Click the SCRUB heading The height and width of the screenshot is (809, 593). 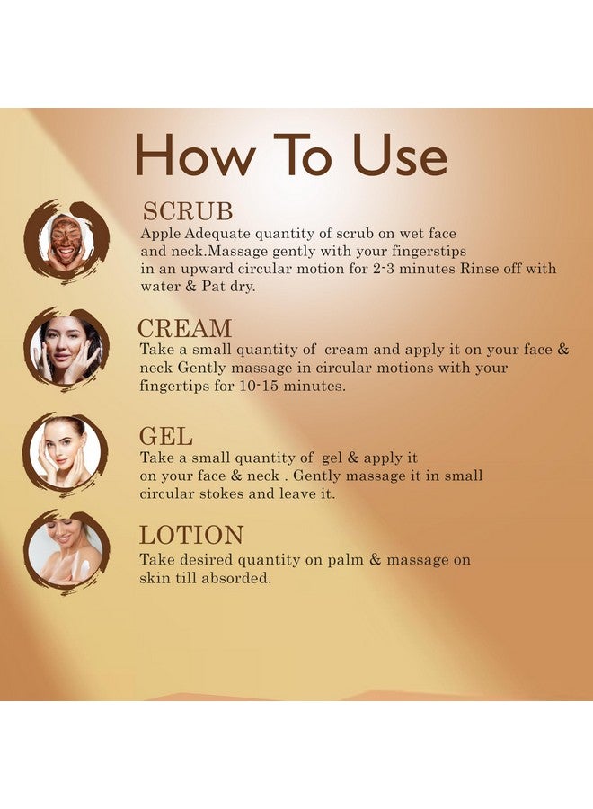coord(187,211)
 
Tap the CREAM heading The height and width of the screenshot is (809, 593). coord(184,328)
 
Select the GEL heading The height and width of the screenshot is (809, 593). coord(165,437)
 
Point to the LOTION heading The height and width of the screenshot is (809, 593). coord(191,536)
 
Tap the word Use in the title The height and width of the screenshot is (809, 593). coord(399,156)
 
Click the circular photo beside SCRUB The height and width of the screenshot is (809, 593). coord(65,241)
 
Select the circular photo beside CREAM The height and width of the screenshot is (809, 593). coord(65,349)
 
